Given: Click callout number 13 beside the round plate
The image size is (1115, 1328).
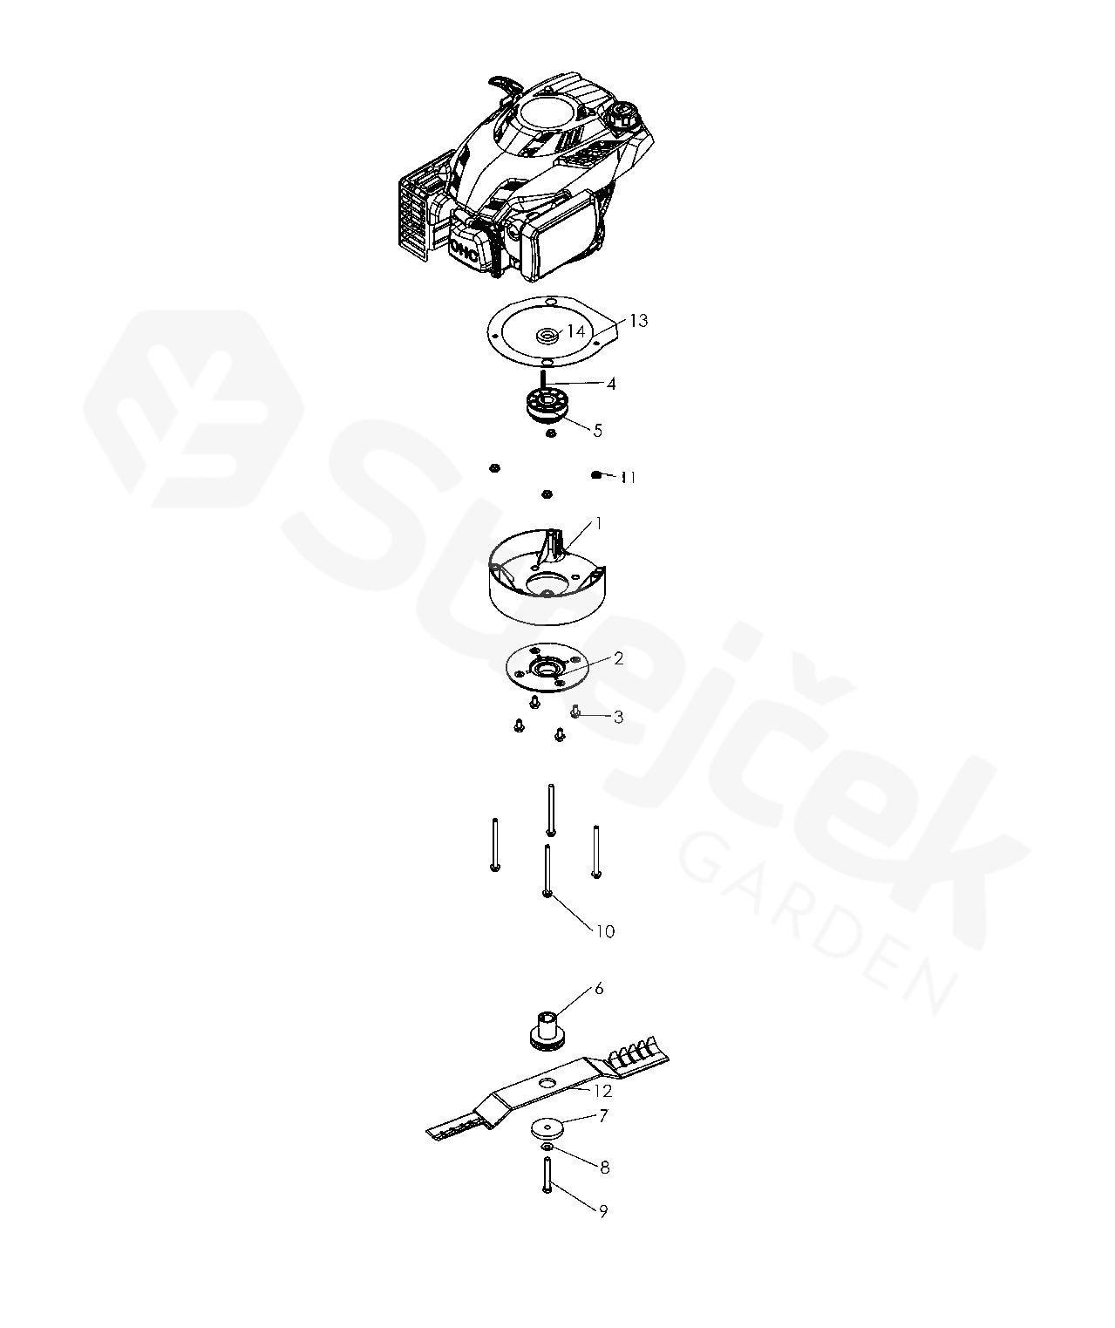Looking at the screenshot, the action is tap(638, 321).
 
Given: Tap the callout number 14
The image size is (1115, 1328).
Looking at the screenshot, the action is tap(575, 330).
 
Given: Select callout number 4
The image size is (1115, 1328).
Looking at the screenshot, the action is tap(611, 384).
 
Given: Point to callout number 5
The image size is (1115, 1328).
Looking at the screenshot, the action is tap(597, 430).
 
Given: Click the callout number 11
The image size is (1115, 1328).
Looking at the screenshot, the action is tap(629, 477).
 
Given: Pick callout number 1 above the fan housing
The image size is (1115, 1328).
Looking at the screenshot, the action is tap(598, 523).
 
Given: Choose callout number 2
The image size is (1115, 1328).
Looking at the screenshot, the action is tap(618, 658).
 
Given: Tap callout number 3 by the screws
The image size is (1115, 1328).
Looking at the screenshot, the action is tap(618, 717).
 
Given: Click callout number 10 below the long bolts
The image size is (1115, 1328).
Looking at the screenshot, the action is tap(605, 931).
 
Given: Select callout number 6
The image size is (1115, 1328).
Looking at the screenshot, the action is tap(599, 988).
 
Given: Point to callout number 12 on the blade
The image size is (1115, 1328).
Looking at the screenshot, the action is tap(602, 1090).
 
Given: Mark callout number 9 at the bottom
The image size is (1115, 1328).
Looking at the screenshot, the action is tap(603, 1211).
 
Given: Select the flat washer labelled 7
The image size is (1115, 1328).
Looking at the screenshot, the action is tap(548, 1127).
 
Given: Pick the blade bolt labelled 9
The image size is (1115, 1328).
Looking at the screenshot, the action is tap(547, 1175).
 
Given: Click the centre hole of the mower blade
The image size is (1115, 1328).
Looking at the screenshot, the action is tap(547, 1081).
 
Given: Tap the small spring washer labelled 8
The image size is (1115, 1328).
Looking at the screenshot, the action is tap(547, 1148).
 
